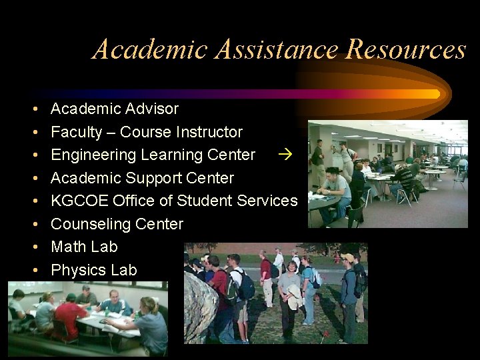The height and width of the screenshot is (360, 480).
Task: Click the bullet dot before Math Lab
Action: (33, 247)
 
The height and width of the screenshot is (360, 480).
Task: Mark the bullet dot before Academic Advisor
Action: (33, 109)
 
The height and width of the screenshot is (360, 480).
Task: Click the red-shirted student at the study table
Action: (71, 313)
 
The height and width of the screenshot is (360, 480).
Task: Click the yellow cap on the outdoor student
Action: (347, 257)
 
